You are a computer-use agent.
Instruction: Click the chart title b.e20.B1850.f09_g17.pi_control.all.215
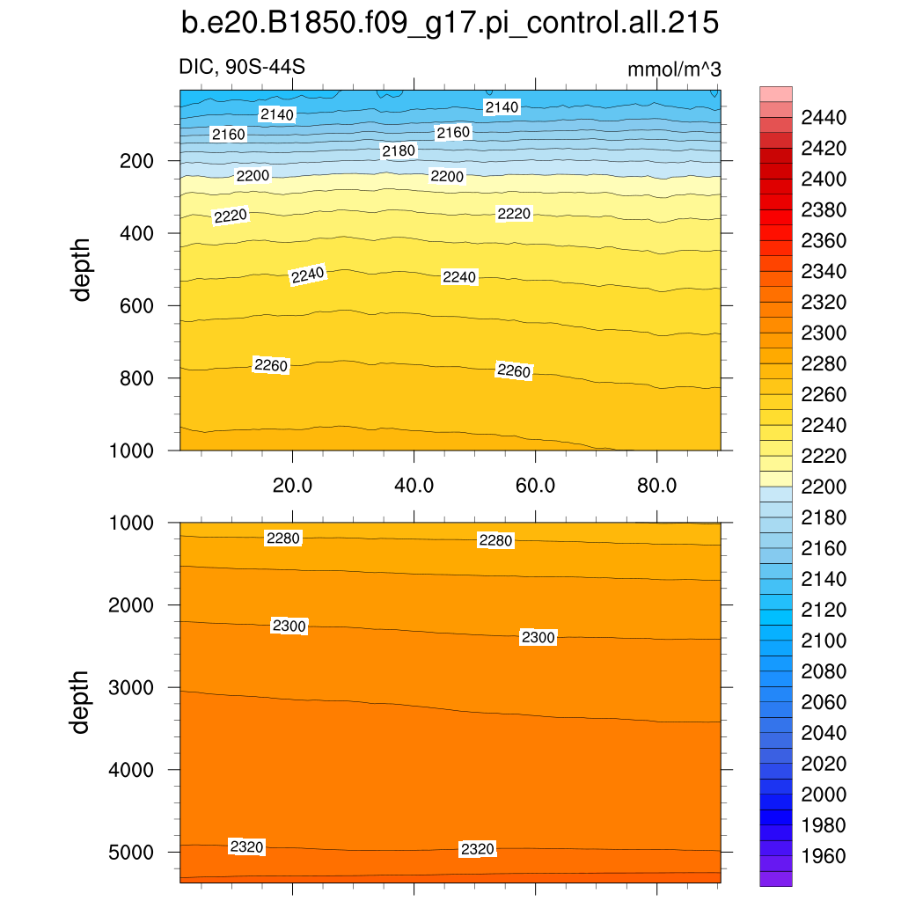pos(450,24)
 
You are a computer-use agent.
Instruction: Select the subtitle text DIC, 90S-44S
pos(242,67)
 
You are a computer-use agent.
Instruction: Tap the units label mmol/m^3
pos(673,69)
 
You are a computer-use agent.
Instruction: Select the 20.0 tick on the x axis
pos(292,485)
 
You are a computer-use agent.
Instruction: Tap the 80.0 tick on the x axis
pos(656,485)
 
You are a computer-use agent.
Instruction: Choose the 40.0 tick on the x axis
pos(414,485)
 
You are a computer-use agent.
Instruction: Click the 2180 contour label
pos(398,151)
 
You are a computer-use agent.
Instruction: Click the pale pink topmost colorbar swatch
pos(776,94)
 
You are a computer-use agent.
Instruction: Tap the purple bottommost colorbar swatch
pos(776,878)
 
